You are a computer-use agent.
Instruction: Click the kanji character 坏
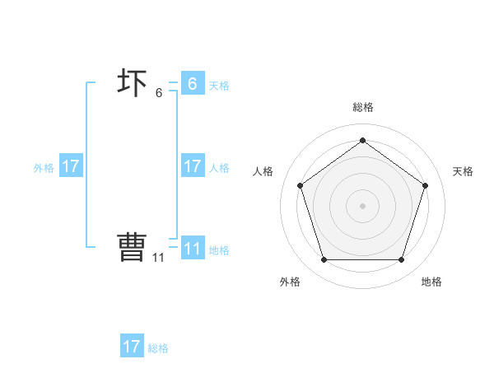[133, 83]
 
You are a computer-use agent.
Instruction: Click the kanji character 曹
[132, 247]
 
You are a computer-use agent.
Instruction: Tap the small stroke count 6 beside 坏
[159, 93]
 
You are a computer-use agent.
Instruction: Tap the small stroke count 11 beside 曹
[158, 257]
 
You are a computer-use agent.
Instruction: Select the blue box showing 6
[192, 83]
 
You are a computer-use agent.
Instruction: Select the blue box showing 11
[192, 249]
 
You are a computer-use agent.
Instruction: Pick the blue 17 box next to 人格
[192, 166]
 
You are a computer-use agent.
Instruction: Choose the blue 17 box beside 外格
[71, 166]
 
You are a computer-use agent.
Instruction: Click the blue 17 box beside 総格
[132, 347]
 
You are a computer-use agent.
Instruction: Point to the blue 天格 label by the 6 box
[219, 85]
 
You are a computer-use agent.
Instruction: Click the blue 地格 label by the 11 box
[219, 250]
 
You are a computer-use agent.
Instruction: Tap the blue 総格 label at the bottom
[158, 348]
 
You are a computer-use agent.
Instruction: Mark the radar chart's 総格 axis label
[362, 107]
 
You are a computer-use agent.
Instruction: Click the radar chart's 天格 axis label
[463, 171]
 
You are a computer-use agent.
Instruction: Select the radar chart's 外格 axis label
[290, 282]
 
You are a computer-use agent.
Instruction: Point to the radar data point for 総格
[362, 140]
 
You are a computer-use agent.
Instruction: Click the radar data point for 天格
[425, 185]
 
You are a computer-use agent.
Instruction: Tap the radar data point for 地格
[401, 260]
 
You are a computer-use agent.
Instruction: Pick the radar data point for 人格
[300, 185]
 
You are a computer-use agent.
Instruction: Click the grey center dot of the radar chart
[362, 205]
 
